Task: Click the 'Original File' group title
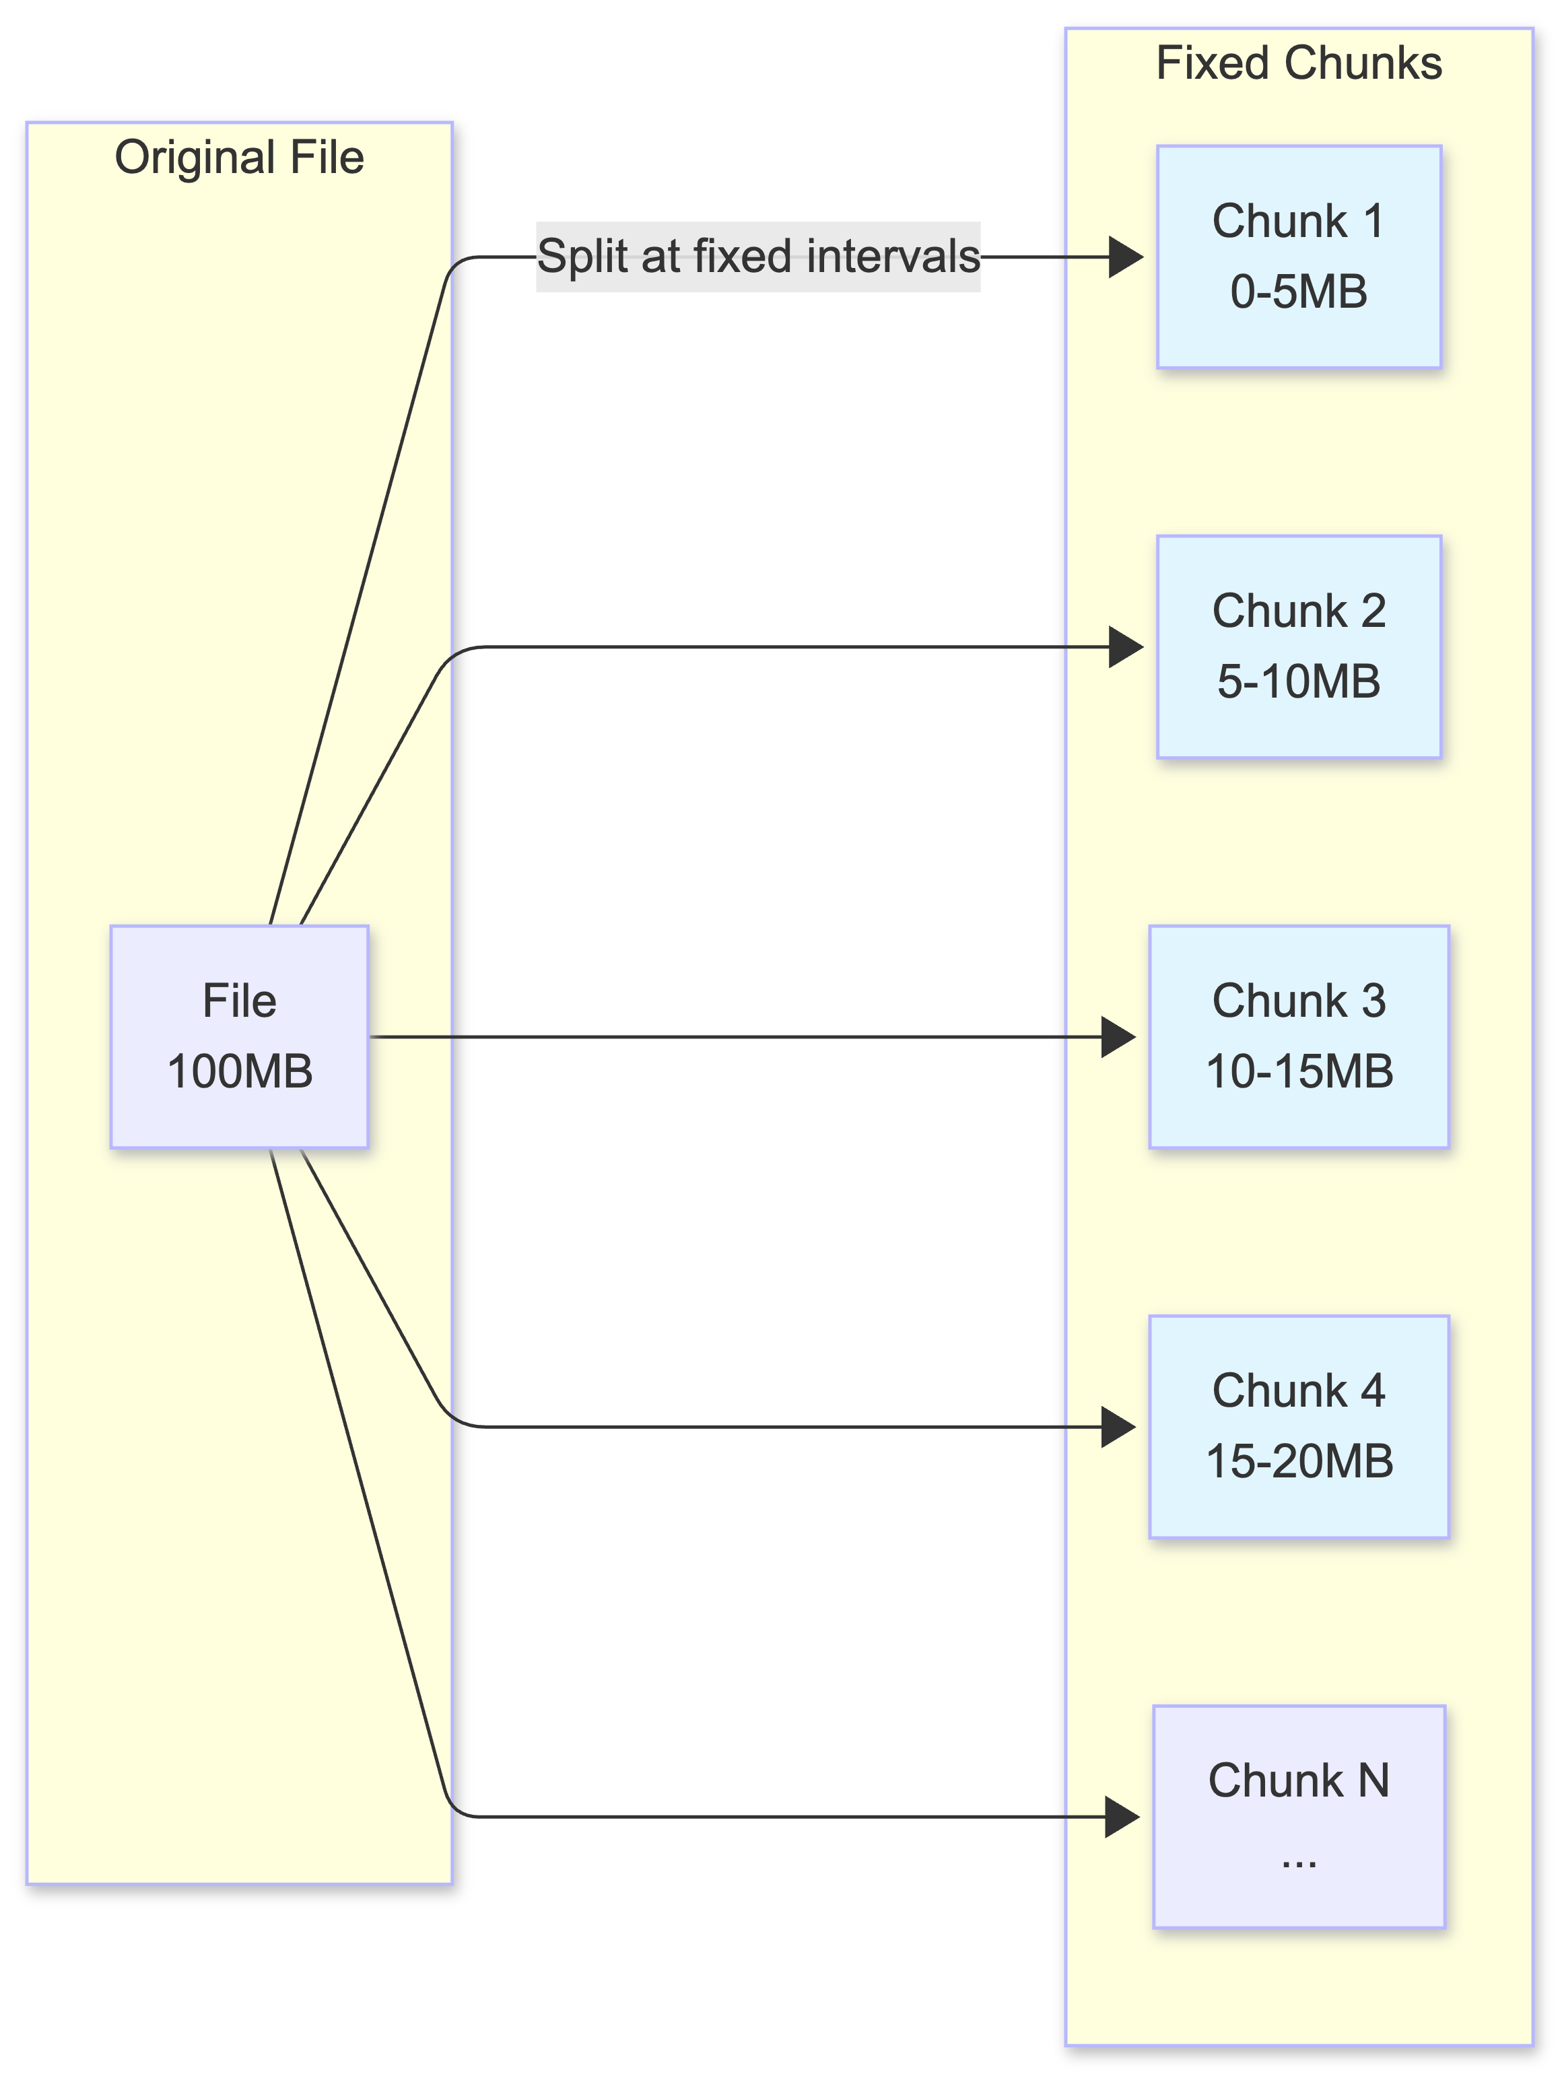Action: point(239,158)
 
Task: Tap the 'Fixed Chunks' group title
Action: point(1299,64)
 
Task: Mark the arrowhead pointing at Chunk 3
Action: point(1118,1037)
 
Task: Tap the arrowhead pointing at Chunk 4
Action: point(1118,1427)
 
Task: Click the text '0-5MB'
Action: point(1299,292)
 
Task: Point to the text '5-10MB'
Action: point(1299,681)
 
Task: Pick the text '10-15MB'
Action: point(1299,1072)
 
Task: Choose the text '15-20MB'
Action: point(1299,1462)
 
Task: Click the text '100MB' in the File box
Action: point(239,1072)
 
